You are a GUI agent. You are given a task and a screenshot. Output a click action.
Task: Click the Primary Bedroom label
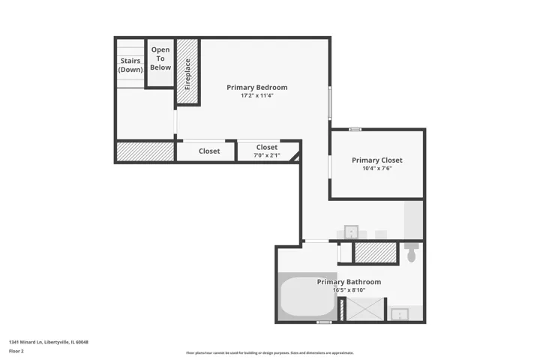coord(257,88)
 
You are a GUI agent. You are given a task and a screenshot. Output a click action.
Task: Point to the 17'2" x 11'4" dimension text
coord(257,96)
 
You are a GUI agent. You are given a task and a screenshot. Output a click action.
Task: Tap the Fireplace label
coord(187,74)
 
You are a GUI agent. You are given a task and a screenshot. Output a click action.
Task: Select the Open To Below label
coord(160,58)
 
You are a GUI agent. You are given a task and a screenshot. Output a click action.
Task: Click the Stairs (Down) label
coord(130,65)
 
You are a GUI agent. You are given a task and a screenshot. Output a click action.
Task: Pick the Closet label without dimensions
coord(209,151)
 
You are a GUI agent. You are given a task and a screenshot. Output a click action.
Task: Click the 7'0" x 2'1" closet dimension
coord(267,155)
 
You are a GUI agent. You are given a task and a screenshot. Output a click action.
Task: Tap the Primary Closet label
coord(377,160)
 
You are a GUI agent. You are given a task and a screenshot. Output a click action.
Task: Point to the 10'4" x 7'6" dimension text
coord(377,169)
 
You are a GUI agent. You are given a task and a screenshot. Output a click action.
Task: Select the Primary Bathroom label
coord(349,282)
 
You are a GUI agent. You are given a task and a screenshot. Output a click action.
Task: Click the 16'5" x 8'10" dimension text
coord(349,290)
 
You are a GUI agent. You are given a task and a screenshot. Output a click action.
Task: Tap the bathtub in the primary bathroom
coord(307,296)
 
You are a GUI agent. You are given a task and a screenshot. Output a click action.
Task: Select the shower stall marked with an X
coord(365,309)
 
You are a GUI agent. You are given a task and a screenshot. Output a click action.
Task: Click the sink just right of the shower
coord(400,313)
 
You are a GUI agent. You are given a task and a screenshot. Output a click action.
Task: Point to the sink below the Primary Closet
coord(351,232)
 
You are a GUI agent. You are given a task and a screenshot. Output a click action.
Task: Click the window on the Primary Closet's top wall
coord(355,130)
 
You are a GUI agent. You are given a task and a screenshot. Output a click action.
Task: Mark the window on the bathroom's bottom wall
coord(324,322)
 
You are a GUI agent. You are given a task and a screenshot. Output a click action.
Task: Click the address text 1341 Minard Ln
coord(25,342)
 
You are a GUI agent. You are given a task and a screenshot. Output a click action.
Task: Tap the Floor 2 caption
coord(16,351)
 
